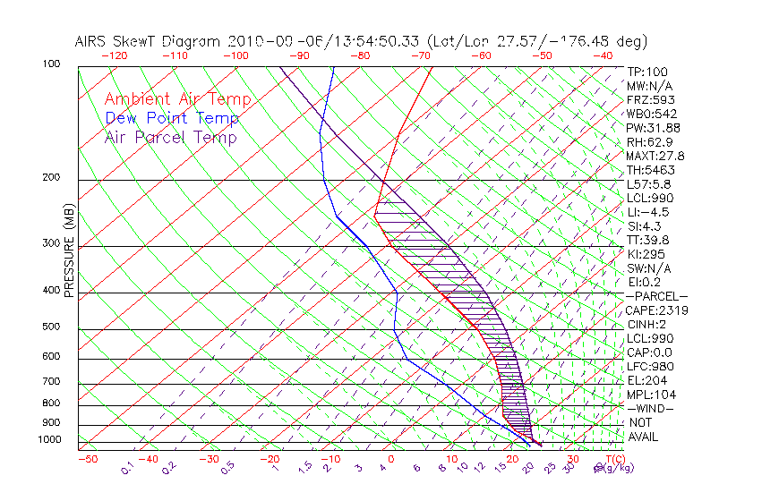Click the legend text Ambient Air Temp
tap(177, 99)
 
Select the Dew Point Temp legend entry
tap(172, 118)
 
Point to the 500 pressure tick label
tap(51, 327)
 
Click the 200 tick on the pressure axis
tap(51, 178)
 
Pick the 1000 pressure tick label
tap(49, 440)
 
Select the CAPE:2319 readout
tap(650, 310)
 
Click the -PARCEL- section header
tap(656, 296)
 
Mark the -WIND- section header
tap(650, 409)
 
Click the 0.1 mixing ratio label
tap(128, 467)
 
